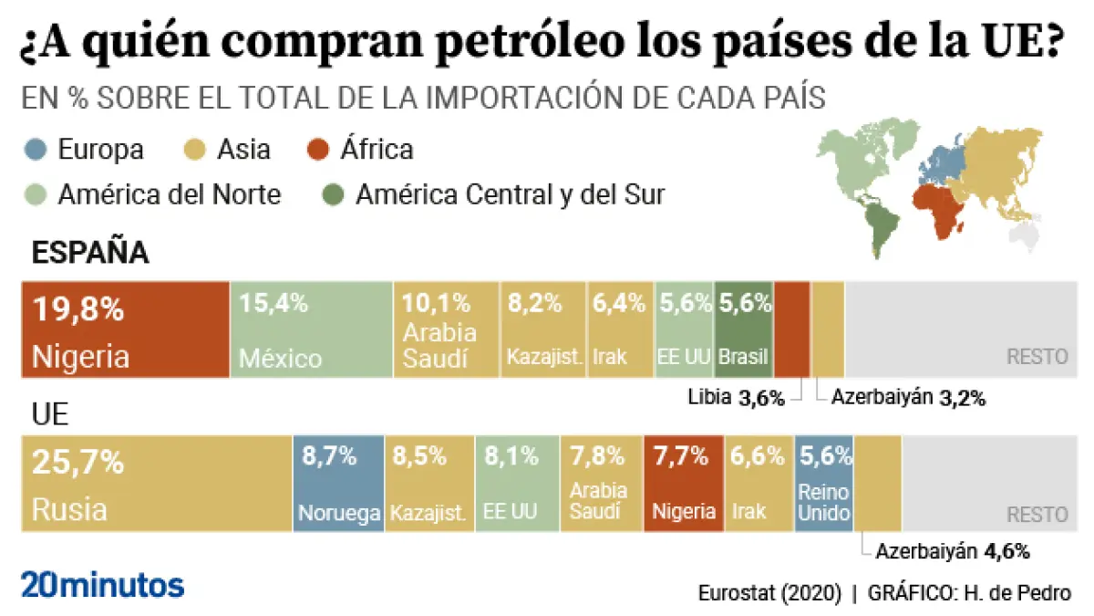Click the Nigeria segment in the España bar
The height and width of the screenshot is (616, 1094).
125,329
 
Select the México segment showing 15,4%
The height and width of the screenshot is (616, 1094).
312,329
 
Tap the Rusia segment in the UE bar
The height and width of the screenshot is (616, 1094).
156,484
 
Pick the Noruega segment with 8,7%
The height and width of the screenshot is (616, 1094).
338,484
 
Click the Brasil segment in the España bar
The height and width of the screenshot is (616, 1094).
743,329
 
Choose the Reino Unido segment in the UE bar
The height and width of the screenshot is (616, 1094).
824,484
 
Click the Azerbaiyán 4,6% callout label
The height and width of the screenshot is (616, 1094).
953,551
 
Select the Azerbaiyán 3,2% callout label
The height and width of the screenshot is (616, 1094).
909,397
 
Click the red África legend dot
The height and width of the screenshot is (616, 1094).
319,149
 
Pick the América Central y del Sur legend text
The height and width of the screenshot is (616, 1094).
511,194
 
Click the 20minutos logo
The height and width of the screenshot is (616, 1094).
102,585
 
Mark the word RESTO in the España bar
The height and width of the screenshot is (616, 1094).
1037,357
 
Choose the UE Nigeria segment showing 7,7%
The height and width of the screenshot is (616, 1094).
684,484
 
